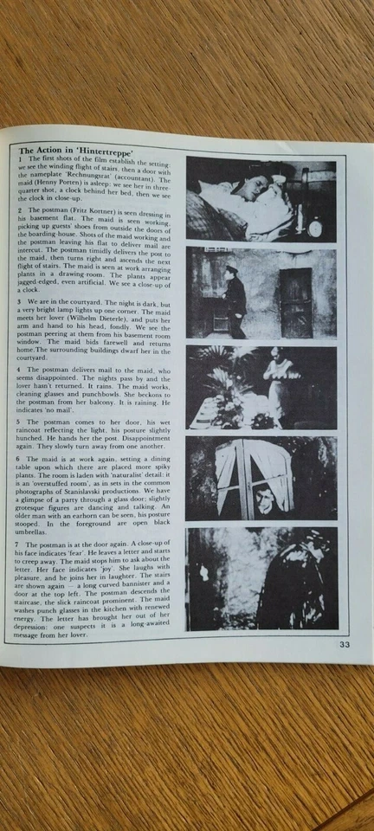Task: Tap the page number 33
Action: (x=344, y=643)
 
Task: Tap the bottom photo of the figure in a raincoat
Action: (x=261, y=579)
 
